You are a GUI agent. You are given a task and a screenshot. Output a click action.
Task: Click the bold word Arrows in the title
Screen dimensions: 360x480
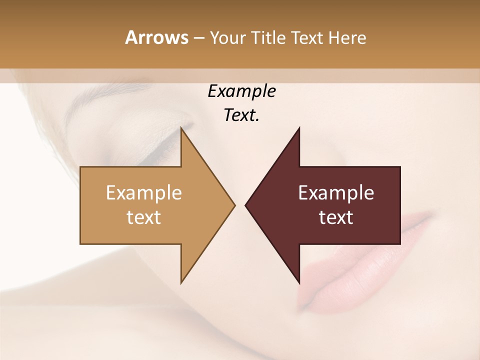pos(156,37)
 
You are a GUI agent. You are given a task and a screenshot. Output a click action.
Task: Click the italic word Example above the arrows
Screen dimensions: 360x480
pos(241,91)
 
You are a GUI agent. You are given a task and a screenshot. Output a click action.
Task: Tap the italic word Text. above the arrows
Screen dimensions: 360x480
pos(241,115)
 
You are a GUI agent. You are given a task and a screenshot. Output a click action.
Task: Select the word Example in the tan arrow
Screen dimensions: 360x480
pos(144,193)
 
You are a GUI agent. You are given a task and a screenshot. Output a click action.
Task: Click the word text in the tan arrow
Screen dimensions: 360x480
pos(144,217)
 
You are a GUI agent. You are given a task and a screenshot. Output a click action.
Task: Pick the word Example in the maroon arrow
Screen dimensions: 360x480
pos(336,193)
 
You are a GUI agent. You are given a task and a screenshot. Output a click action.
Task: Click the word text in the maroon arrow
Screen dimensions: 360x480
pos(336,217)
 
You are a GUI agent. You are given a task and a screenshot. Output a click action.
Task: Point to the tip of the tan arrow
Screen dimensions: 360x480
pos(234,205)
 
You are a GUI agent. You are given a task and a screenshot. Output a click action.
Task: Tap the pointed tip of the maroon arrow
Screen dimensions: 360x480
pos(246,205)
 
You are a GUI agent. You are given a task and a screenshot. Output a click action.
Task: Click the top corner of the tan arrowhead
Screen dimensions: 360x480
pos(181,128)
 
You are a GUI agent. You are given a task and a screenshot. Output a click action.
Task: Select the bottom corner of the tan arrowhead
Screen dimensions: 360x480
pos(181,282)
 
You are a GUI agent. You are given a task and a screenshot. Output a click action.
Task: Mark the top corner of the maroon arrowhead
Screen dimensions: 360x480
pos(299,128)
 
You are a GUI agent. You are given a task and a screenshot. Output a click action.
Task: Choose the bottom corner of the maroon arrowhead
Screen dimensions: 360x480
pos(299,282)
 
